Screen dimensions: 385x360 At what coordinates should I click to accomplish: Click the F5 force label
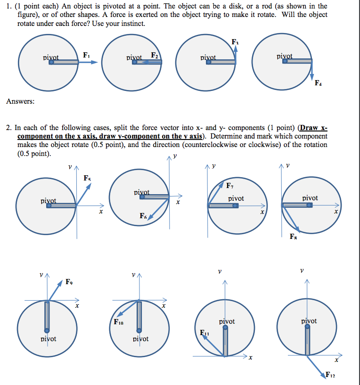pyautogui.click(x=87, y=178)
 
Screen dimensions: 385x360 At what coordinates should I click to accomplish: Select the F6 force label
pyautogui.click(x=143, y=216)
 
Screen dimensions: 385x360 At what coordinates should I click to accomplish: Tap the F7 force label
pyautogui.click(x=230, y=185)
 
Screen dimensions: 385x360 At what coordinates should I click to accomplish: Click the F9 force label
pyautogui.click(x=69, y=283)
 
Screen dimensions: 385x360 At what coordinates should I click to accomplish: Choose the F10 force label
pyautogui.click(x=118, y=322)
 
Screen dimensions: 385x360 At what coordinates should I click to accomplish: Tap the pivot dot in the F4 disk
pyautogui.click(x=285, y=61)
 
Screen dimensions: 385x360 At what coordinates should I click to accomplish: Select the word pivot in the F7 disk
pyautogui.click(x=236, y=198)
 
